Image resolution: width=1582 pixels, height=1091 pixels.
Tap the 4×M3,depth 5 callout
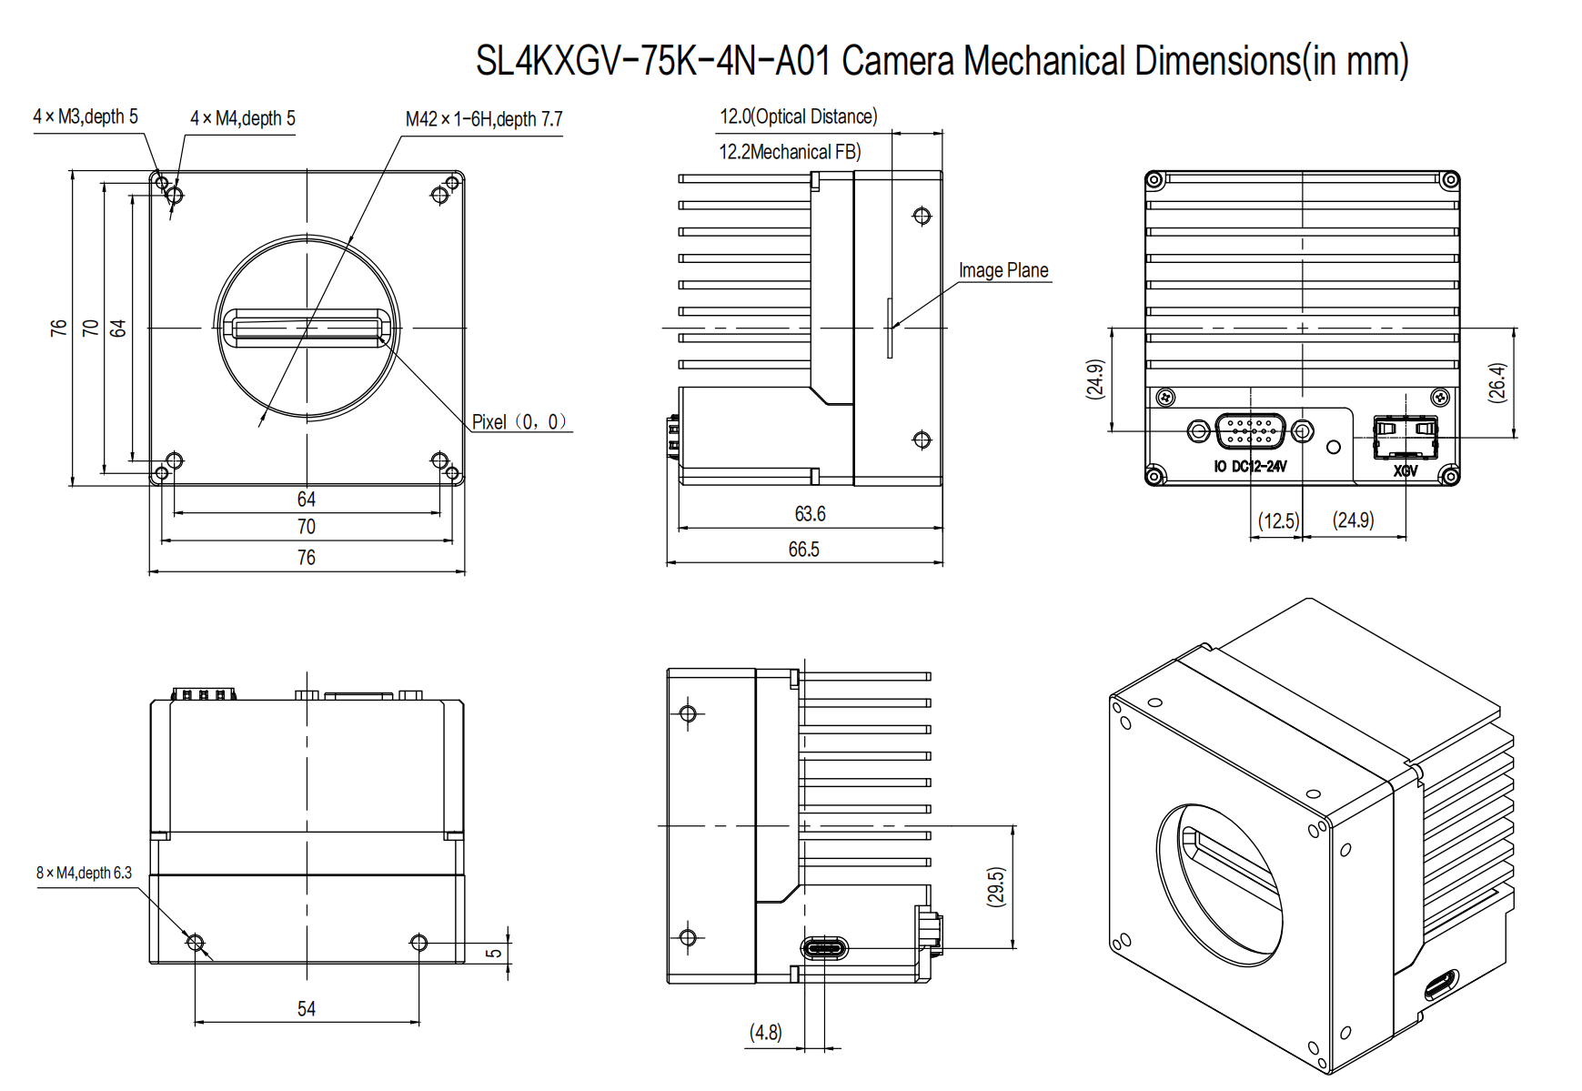click(86, 116)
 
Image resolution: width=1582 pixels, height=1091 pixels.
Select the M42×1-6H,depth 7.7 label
click(484, 119)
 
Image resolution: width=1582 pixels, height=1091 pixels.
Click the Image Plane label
click(1003, 270)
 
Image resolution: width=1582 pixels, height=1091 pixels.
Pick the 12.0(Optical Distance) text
click(798, 116)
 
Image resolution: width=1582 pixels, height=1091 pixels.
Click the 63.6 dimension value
click(810, 514)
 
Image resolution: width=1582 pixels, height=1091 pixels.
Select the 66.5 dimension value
click(803, 550)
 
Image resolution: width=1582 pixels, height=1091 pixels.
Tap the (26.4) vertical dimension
click(1497, 382)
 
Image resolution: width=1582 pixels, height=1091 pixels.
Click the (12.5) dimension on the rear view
click(1278, 521)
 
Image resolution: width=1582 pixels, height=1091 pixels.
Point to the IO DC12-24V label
click(1250, 467)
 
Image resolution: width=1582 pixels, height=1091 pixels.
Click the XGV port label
click(1406, 470)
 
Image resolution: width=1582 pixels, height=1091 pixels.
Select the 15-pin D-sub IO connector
click(1251, 430)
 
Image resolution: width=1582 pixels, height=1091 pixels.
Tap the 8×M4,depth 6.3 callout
click(84, 873)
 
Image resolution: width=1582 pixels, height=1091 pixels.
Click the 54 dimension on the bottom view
click(307, 1009)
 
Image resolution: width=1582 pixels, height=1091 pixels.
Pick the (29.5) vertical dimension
click(996, 886)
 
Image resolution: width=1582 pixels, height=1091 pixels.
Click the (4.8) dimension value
click(765, 1033)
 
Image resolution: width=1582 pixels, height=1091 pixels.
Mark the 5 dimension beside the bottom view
click(494, 953)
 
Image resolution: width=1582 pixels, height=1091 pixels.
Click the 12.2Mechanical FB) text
click(790, 152)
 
